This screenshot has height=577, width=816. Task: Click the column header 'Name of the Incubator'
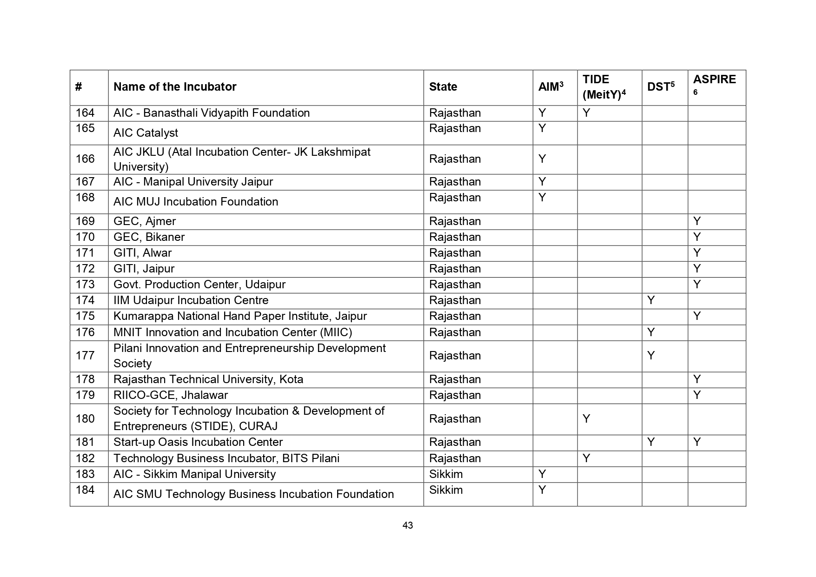pyautogui.click(x=175, y=87)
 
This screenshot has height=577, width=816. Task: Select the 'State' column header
pyautogui.click(x=443, y=87)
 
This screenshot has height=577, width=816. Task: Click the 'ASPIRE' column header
pyautogui.click(x=714, y=80)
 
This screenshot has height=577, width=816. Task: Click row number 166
pyautogui.click(x=85, y=159)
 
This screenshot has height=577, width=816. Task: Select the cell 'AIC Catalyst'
pyautogui.click(x=146, y=133)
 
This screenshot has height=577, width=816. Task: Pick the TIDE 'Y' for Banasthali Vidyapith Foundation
pyautogui.click(x=586, y=113)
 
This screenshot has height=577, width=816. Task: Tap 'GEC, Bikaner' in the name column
pyautogui.click(x=149, y=237)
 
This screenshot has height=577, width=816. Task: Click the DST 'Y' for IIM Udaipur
pyautogui.click(x=651, y=300)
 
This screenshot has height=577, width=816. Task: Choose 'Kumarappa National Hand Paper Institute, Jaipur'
pyautogui.click(x=240, y=316)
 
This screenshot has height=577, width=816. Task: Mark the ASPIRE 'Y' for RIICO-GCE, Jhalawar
pyautogui.click(x=697, y=395)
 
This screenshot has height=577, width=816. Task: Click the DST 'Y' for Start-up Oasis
pyautogui.click(x=651, y=442)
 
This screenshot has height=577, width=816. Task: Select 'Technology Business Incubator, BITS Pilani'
pyautogui.click(x=226, y=458)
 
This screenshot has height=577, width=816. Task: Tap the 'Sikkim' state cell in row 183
pyautogui.click(x=445, y=474)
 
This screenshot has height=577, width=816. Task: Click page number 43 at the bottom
pyautogui.click(x=408, y=525)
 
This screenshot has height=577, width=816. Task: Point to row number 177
pyautogui.click(x=85, y=356)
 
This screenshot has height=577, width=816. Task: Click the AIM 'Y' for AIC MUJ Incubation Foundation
pyautogui.click(x=542, y=198)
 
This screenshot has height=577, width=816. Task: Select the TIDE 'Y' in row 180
pyautogui.click(x=586, y=419)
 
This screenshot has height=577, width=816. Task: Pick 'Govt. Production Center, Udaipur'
pyautogui.click(x=199, y=285)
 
